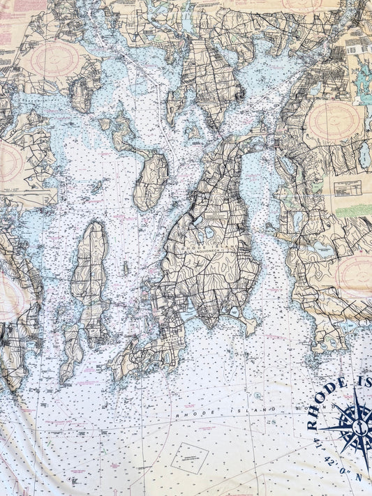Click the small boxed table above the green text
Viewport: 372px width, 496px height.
coord(347,188)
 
